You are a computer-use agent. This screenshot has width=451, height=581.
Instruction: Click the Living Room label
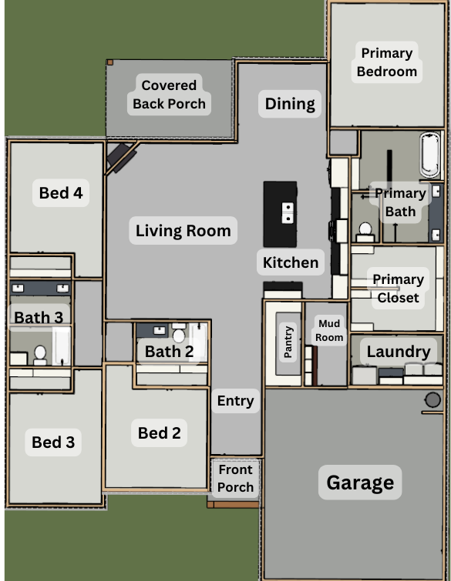coord(183,230)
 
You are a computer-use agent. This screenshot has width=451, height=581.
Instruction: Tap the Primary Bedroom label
coord(387,62)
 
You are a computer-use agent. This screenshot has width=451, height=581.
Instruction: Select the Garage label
coord(360,482)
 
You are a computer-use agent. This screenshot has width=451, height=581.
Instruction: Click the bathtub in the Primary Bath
coord(430,155)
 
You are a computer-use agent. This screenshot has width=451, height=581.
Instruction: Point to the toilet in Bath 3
coord(40,356)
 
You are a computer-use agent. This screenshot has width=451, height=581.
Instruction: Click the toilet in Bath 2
coord(179,332)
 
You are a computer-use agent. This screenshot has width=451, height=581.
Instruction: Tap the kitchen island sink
coord(288,212)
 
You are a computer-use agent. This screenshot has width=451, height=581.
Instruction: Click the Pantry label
coord(288,342)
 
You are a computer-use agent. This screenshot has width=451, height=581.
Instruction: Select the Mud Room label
coord(329,331)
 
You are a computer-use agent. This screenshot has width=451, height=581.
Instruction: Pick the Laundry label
coord(399,351)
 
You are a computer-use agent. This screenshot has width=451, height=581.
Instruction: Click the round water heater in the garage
coord(432,400)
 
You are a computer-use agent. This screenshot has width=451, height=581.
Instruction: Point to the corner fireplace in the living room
coord(121,157)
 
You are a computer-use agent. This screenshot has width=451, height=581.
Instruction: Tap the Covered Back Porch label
coord(170,95)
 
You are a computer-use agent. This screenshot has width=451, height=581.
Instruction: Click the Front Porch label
coord(235,478)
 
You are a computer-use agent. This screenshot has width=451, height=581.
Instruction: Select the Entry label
coord(236,401)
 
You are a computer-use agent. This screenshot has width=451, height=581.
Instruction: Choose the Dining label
coord(290,104)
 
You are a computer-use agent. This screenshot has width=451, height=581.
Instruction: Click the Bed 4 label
coord(61,192)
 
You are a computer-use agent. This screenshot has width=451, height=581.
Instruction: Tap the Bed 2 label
coord(160,432)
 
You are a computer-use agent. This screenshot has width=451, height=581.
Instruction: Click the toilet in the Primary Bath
coord(365,232)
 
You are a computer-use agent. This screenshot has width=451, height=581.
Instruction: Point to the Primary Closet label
coord(399,289)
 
